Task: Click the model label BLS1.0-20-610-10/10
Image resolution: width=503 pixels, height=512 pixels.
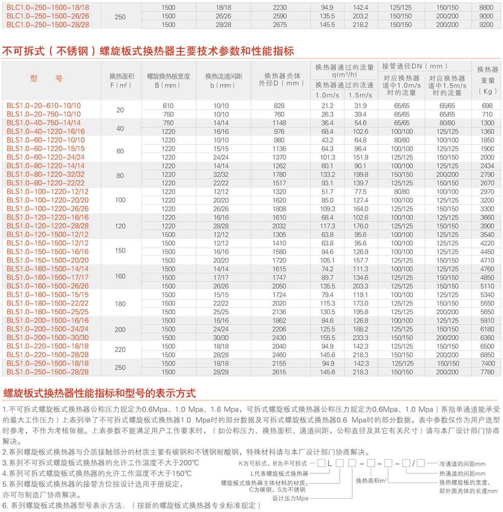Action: point(44,106)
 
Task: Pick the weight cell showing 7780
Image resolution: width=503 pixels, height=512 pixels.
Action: point(487,372)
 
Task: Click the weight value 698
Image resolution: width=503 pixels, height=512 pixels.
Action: point(487,106)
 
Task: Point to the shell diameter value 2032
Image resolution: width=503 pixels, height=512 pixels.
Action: point(279,226)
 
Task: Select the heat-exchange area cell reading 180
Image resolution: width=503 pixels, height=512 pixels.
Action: point(120,304)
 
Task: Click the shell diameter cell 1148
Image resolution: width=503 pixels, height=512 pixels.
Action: point(279,123)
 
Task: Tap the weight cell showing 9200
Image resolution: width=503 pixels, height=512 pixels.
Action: point(487,25)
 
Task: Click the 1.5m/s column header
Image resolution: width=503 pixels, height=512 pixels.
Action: point(360,95)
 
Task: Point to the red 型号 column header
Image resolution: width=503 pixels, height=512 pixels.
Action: point(46,79)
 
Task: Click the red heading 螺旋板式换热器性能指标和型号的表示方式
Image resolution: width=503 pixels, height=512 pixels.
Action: point(99,393)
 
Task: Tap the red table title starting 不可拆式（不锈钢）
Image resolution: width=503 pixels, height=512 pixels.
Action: point(148,51)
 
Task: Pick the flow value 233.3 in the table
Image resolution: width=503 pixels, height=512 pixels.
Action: point(360,338)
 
